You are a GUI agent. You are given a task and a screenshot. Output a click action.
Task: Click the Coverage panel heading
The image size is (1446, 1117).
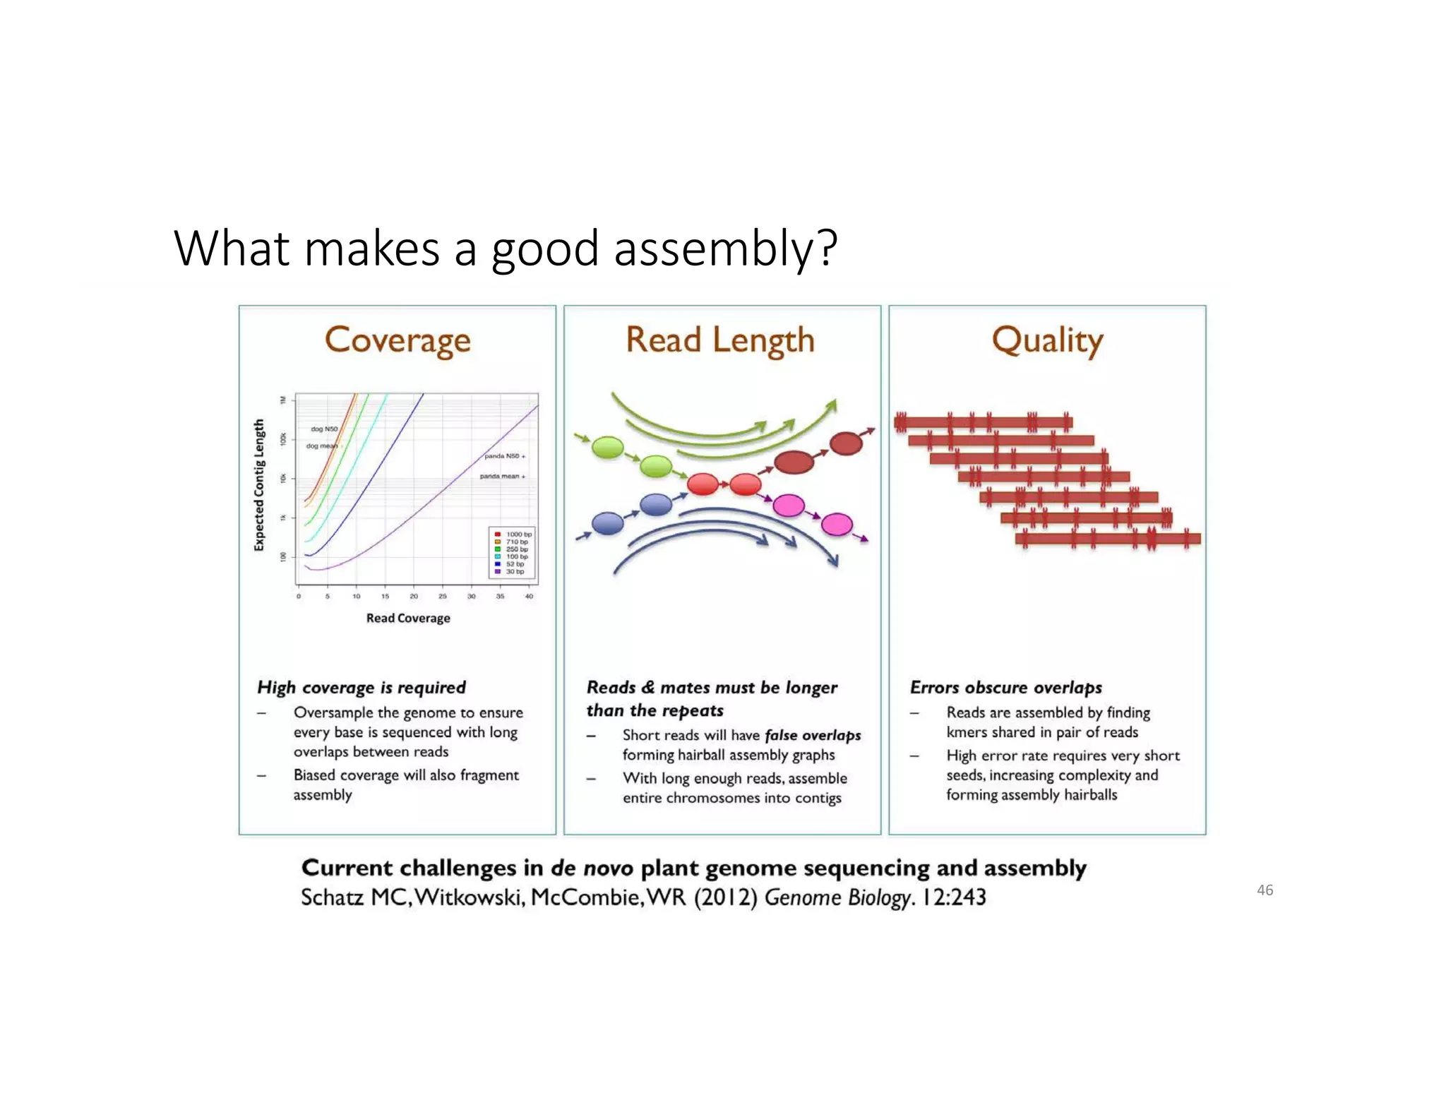(x=398, y=341)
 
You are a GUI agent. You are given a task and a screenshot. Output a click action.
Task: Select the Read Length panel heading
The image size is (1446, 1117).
(x=720, y=341)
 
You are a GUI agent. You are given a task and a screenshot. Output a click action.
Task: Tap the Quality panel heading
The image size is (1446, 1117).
(x=1047, y=341)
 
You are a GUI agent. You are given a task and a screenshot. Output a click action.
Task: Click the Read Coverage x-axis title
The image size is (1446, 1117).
(x=408, y=618)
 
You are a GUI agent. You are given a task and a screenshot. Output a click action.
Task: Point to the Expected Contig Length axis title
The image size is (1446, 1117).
(x=259, y=484)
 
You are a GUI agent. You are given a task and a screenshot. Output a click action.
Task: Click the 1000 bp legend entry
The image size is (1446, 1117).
(x=518, y=534)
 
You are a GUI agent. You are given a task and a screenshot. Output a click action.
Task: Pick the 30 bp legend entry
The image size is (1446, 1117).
(x=514, y=571)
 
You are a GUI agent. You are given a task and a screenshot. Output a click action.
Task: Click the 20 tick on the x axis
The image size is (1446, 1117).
(x=414, y=597)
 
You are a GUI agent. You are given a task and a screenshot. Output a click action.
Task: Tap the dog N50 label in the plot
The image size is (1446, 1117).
(x=324, y=429)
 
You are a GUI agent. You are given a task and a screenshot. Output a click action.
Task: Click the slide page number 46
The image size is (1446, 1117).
(x=1265, y=890)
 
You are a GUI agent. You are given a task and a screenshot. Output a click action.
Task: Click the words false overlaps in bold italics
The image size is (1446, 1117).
(x=813, y=735)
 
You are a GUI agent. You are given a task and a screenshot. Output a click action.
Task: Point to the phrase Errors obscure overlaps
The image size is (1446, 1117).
(x=1005, y=687)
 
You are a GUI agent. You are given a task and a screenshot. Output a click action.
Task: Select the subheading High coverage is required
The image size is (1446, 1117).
(x=361, y=687)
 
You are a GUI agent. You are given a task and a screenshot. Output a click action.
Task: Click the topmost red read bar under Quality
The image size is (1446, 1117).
(x=983, y=422)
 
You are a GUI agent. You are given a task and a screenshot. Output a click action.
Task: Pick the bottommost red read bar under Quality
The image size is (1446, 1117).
(x=1107, y=539)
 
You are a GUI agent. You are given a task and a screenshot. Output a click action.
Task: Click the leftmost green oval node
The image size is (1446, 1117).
(x=607, y=447)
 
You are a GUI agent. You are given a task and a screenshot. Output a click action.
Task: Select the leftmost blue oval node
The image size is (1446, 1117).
(x=607, y=523)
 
